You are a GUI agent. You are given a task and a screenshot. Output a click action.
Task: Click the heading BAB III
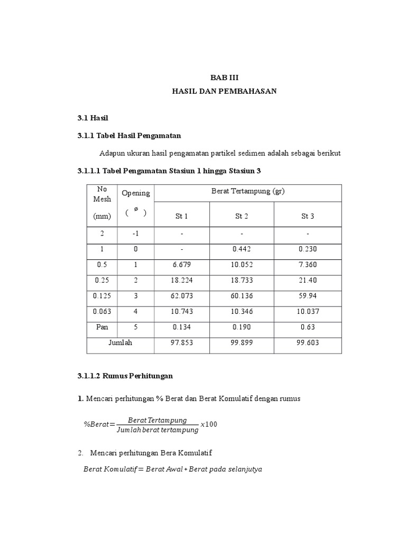pos(224,77)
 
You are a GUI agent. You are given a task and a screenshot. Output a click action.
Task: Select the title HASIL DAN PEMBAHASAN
pos(224,91)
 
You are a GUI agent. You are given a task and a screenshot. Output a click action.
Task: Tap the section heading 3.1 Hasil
pos(93,118)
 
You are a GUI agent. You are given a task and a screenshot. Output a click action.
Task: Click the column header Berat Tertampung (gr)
pos(248,192)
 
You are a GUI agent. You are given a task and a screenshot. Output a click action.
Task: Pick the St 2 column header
pos(242,216)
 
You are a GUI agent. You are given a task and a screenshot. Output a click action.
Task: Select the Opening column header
pos(136,193)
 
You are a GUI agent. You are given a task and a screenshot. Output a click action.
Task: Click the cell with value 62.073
pos(182,295)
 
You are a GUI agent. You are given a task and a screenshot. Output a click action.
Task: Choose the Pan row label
pos(102,327)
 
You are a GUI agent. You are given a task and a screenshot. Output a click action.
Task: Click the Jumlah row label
pos(120,343)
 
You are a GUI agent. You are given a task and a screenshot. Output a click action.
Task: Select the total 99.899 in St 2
pos(242,343)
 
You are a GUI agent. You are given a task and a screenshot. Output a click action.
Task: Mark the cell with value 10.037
pos(308,311)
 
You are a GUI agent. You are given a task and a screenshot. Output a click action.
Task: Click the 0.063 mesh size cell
pos(102,311)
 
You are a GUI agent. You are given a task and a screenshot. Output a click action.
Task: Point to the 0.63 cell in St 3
pos(308,327)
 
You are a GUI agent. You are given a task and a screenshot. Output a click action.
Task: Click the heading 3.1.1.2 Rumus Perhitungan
pos(125,376)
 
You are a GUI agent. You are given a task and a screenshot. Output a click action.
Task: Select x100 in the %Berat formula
pos(209,424)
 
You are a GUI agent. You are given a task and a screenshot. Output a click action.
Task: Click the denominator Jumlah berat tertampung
pos(157,430)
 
